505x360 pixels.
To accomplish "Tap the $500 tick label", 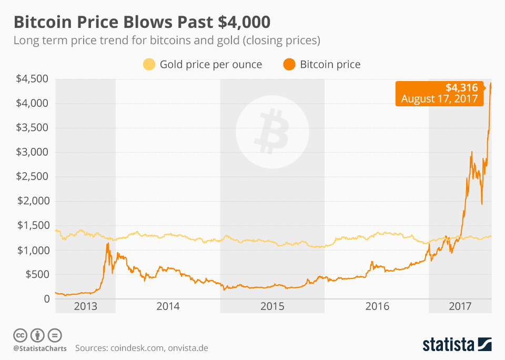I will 38,274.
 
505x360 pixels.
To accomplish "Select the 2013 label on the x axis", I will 86,306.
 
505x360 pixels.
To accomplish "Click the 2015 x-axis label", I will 272,306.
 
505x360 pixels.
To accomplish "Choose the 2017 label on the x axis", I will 460,306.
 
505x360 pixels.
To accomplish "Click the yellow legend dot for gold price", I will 149,65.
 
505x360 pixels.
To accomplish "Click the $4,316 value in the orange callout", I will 461,87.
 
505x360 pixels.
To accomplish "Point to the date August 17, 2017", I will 439,98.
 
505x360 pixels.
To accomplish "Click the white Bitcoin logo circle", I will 272,129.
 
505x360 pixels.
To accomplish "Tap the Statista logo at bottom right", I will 457,345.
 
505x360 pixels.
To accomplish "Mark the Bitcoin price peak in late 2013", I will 107,243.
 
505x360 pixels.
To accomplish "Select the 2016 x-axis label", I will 377,306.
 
